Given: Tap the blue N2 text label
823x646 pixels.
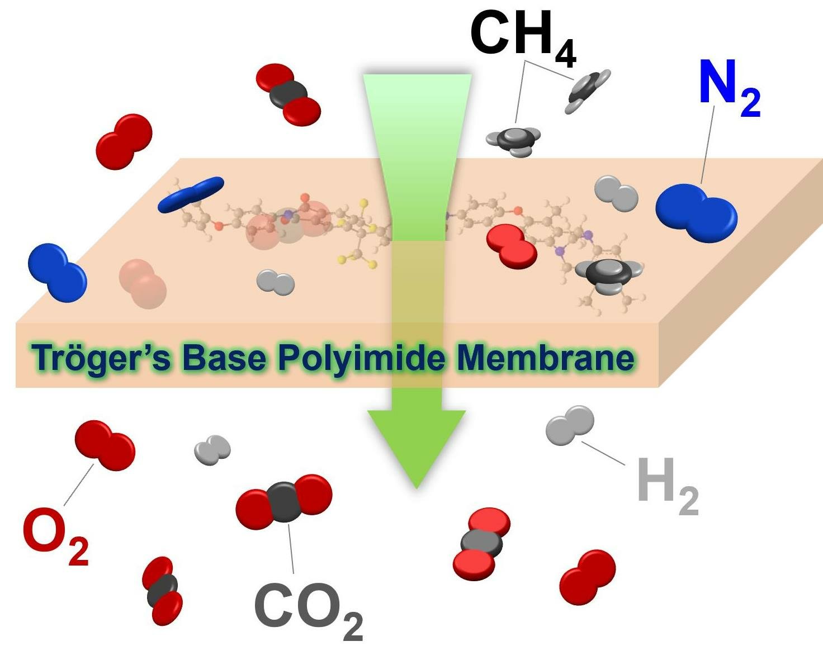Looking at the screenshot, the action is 729,87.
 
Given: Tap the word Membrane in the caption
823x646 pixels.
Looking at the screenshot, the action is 545,358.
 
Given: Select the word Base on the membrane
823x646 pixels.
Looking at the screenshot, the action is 224,358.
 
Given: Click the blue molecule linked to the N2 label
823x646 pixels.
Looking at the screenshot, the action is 697,213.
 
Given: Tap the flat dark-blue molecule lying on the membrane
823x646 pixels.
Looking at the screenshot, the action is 191,194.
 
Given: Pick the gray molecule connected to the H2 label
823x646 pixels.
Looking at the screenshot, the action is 570,425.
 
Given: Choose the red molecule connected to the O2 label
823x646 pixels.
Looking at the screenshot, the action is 105,445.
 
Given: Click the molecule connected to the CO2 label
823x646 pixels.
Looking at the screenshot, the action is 284,501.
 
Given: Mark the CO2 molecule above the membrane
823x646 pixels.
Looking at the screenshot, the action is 288,94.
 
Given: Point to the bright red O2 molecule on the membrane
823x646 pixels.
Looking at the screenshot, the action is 512,246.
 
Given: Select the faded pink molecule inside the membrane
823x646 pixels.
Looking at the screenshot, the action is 143,283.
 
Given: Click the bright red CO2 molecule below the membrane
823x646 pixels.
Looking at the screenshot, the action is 481,544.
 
